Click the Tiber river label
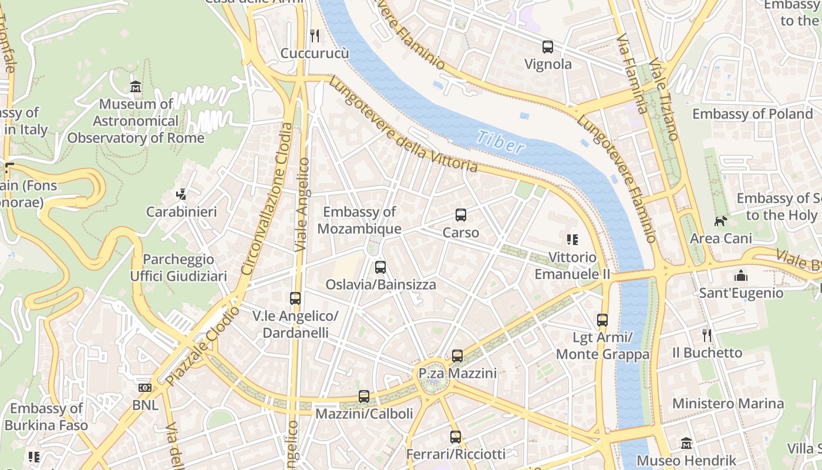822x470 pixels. click(500, 142)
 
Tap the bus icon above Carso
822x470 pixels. click(461, 215)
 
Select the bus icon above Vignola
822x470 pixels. click(548, 46)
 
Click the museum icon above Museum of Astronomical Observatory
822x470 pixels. click(136, 87)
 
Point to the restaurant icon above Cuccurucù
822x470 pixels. click(315, 36)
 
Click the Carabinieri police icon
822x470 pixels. click(181, 194)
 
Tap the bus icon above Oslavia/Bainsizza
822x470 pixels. click(380, 267)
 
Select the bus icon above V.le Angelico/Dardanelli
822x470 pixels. click(295, 298)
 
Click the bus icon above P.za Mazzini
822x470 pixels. click(457, 355)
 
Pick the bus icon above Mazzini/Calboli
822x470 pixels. click(364, 396)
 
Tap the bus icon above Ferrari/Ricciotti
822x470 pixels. click(456, 437)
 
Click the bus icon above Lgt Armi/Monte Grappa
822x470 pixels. click(602, 320)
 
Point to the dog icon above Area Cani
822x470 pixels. click(720, 221)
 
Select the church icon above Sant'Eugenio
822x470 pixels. click(741, 275)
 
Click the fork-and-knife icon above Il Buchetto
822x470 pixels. click(707, 335)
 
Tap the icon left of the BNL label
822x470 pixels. click(144, 388)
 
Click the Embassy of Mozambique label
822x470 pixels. click(359, 220)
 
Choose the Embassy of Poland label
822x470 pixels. click(752, 113)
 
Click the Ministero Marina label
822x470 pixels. click(728, 404)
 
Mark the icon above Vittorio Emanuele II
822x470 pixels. click(572, 239)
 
